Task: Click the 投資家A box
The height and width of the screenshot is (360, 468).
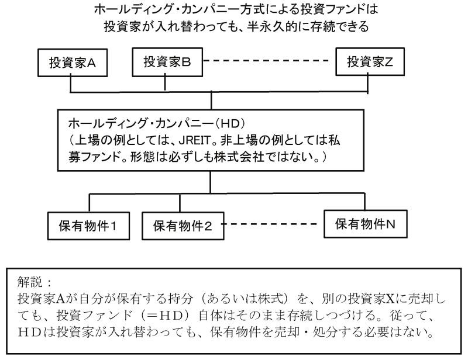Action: coord(71,63)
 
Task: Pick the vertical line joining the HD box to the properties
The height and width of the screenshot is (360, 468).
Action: coord(226,183)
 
